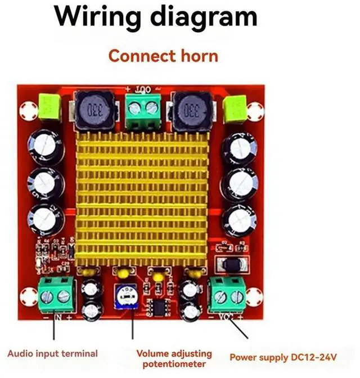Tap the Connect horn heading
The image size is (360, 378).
pyautogui.click(x=163, y=56)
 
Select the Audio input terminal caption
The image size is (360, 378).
pyautogui.click(x=53, y=354)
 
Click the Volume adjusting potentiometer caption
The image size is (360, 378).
pyautogui.click(x=174, y=358)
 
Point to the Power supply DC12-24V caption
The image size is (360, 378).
pyautogui.click(x=283, y=357)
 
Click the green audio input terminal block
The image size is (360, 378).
pyautogui.click(x=57, y=294)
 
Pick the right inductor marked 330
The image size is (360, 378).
pyautogui.click(x=188, y=111)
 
